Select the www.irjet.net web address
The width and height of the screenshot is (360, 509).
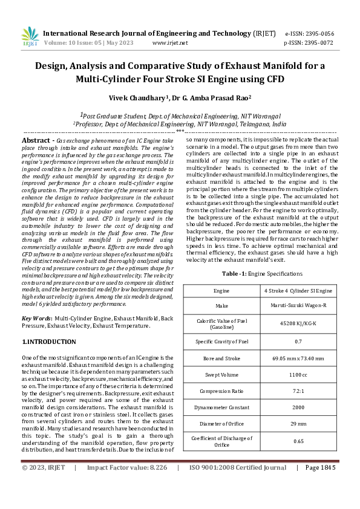click(170, 43)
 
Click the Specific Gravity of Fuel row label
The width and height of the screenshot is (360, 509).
click(221, 342)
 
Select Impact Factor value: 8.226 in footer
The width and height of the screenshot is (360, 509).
click(127, 467)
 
